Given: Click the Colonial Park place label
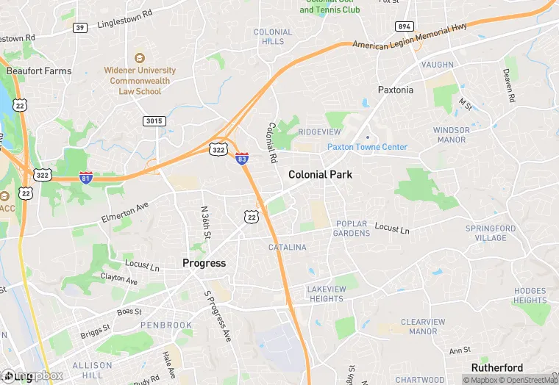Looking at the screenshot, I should point(320,175).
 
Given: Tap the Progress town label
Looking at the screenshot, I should point(204,263).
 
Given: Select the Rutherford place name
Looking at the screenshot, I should point(497,368).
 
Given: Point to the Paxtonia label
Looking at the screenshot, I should point(396,90).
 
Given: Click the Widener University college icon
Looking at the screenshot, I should point(139,58).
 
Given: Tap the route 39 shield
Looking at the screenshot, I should point(79,27).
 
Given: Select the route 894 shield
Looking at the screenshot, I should point(404,26).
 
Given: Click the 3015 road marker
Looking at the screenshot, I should point(155,120).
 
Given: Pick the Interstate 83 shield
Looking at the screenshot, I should point(242,159).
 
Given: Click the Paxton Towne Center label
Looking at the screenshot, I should point(367,147).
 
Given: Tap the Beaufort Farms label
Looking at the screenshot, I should point(39,71).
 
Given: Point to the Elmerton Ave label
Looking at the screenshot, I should point(124,212).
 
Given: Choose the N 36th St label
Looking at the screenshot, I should point(207,221).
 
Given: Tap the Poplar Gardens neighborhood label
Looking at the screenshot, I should point(352,229).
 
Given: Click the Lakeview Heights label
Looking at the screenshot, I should point(327,294).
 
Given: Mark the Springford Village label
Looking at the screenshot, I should point(491,233).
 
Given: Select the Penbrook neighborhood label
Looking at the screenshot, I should point(166,325).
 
